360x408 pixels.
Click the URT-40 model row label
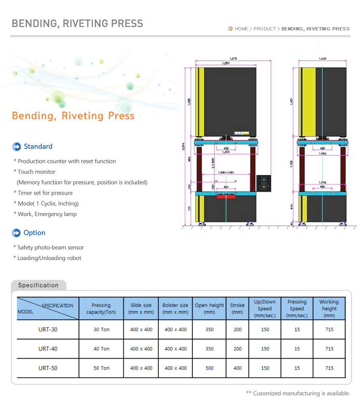[x=48, y=349]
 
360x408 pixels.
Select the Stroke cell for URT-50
[x=237, y=368]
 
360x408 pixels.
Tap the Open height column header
[x=210, y=308]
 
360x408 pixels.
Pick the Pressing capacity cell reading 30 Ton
[x=101, y=329]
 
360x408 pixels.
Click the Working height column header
[x=329, y=308]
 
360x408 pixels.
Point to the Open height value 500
[x=210, y=368]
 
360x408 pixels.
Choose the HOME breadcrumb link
[x=241, y=29]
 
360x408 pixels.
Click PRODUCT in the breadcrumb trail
[x=265, y=29]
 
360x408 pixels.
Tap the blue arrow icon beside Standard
[x=16, y=147]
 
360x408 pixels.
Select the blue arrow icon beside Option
[x=16, y=233]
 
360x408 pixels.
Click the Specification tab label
[x=38, y=285]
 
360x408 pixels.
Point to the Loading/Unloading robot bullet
[x=49, y=258]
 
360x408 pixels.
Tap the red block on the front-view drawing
[x=226, y=196]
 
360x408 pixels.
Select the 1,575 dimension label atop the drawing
[x=233, y=58]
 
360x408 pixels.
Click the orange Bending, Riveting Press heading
[x=73, y=116]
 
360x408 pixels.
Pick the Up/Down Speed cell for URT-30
[x=265, y=329]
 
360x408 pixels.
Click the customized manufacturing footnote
[x=298, y=393]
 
